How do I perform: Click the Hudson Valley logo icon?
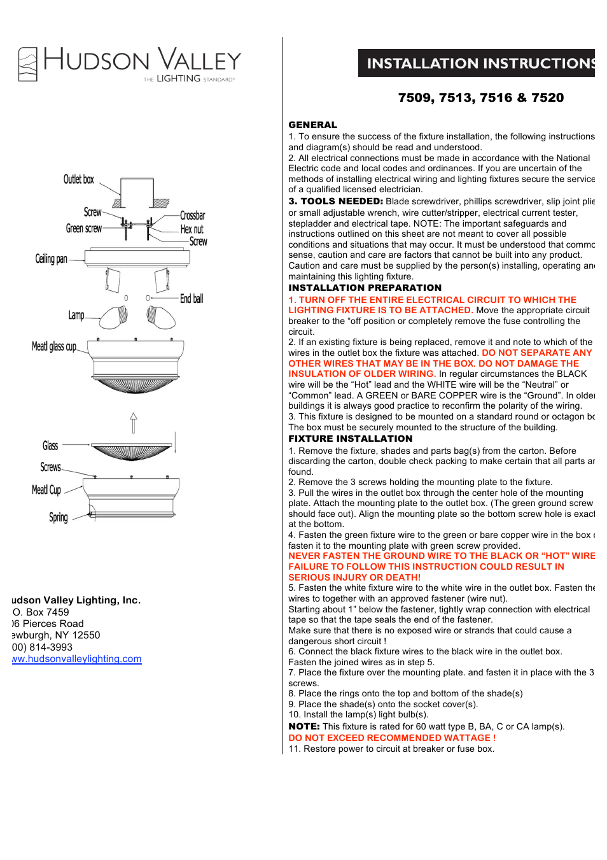[27, 64]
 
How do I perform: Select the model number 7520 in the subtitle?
[547, 97]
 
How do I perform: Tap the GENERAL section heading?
[312, 125]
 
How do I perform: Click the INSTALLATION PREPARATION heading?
[365, 288]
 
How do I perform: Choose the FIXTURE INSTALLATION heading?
[350, 439]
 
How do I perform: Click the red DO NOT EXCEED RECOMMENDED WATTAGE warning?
[391, 738]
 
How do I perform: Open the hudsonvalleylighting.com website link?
[77, 659]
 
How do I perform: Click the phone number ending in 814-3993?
[43, 647]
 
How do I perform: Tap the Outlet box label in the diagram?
[78, 180]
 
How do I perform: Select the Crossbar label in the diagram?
[192, 215]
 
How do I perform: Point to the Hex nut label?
[192, 229]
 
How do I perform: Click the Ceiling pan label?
[51, 259]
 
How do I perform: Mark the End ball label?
[191, 299]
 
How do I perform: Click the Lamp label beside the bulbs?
[76, 315]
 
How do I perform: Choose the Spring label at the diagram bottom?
[58, 518]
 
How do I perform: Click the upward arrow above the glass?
[133, 422]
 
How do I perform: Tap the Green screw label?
[83, 229]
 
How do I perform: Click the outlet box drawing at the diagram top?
[137, 192]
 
